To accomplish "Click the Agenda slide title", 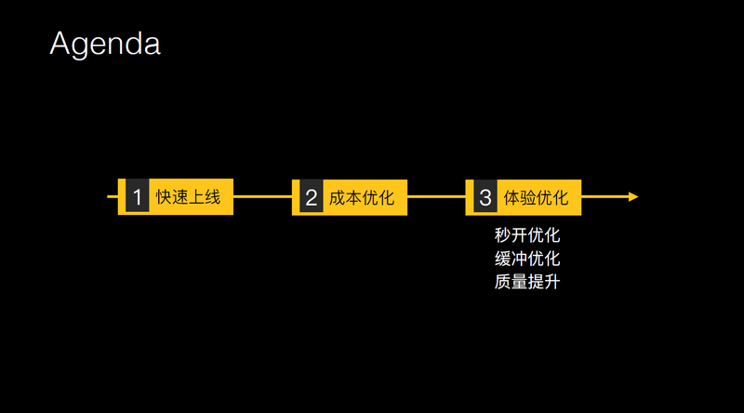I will coord(105,44).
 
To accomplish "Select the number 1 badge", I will coord(137,197).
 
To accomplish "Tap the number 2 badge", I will coord(311,197).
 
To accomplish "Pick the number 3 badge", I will coord(485,197).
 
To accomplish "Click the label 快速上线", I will coord(188,197).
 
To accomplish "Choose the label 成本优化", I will coord(362,197).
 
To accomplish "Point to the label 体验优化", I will coord(536,197).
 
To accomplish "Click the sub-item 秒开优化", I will coord(527,235).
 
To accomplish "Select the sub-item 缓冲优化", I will coord(527,258).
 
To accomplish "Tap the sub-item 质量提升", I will coord(527,280).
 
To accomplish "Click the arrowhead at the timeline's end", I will coord(632,197).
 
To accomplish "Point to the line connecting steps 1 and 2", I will coord(262,197).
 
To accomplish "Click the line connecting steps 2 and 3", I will coord(436,197).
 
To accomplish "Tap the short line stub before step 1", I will coord(113,197).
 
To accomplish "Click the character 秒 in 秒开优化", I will coord(503,235).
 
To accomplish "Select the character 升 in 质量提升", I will coord(551,280).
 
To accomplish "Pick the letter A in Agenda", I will coord(61,44).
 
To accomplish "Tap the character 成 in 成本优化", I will coord(338,197).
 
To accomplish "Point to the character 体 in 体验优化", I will coord(511,197).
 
